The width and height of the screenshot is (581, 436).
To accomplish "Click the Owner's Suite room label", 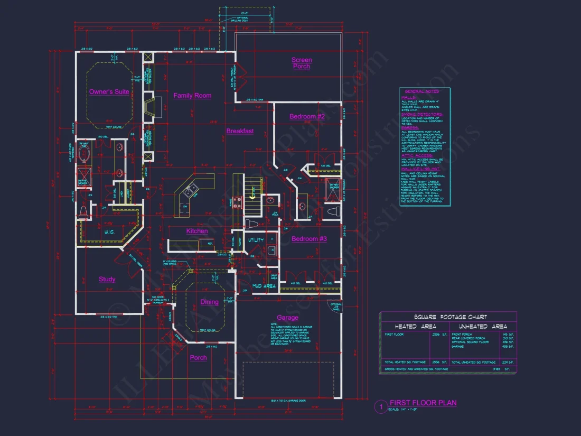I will (x=109, y=92).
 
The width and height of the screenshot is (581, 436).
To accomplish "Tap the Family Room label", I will (x=192, y=96).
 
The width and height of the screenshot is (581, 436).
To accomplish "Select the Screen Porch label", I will (x=302, y=63).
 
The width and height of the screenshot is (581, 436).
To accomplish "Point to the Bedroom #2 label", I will (x=307, y=116).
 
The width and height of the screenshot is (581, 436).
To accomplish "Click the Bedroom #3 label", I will (x=309, y=239).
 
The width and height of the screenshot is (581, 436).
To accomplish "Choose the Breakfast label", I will (x=240, y=131).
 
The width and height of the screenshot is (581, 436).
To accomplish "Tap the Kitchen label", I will (x=196, y=231).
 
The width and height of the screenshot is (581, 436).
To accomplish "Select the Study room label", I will (x=107, y=279).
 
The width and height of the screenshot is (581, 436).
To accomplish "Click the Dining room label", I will (x=209, y=302).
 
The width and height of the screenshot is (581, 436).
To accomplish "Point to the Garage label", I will (x=287, y=318).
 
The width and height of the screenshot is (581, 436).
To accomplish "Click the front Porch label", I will (x=198, y=358).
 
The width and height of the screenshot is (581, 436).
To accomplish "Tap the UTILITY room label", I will (x=256, y=240).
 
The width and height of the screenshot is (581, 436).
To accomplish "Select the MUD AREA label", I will (x=264, y=286).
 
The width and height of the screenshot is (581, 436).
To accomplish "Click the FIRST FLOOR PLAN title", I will (x=423, y=403).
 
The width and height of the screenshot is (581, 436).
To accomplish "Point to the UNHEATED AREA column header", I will (x=483, y=327).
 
